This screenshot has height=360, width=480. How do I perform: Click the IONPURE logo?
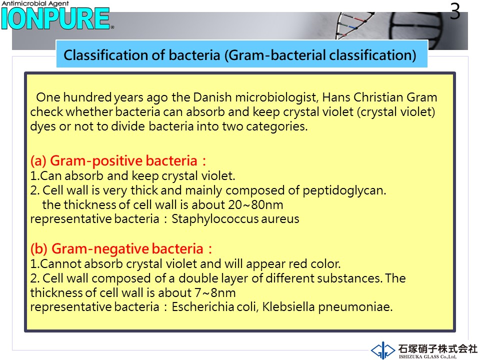click(55, 18)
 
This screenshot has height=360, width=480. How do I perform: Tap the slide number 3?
click(455, 11)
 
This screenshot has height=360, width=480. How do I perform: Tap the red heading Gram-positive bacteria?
click(118, 161)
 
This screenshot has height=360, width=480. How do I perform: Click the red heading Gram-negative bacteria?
click(121, 249)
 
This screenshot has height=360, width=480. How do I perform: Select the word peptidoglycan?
click(344, 190)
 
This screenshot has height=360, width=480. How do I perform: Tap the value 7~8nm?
click(215, 292)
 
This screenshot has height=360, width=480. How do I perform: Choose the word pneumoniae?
click(355, 307)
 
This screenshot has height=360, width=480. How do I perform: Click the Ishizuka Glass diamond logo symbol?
click(382, 350)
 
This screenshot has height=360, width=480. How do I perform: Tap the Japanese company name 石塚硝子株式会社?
click(438, 348)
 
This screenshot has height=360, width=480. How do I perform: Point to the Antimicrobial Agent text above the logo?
click(35, 3)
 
